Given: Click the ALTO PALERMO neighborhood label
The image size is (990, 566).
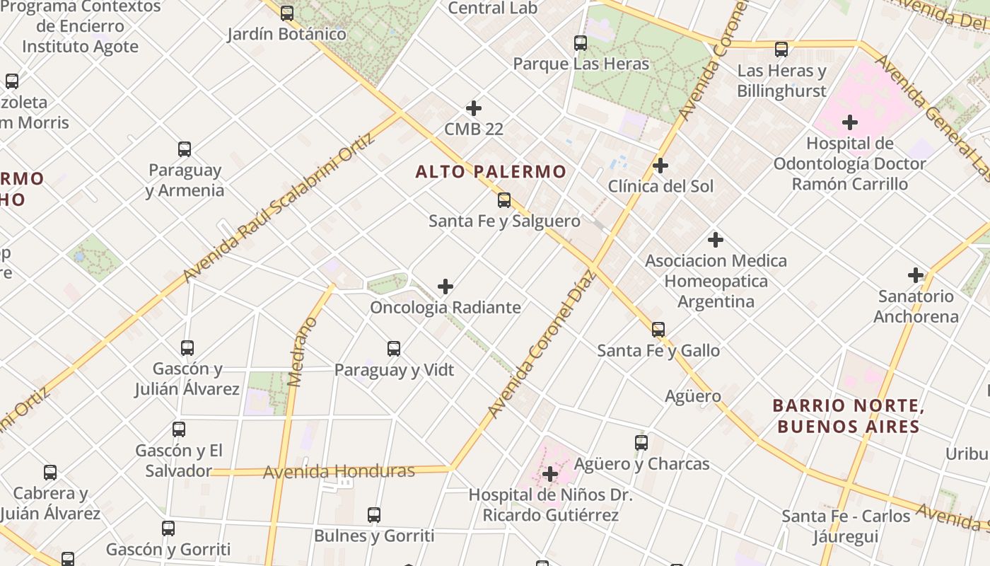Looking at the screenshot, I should tap(491, 171).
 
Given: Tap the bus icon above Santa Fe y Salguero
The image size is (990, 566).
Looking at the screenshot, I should tap(504, 200).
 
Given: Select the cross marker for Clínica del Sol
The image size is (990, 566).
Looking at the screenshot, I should tap(660, 166).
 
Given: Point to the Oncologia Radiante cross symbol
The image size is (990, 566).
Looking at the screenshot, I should tap(445, 287).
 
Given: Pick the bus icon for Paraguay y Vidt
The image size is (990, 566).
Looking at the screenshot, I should tap(394, 349).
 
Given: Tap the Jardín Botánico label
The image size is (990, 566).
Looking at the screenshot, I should tap(287, 34).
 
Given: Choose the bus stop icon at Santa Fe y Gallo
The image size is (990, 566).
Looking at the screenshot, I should tap(658, 330).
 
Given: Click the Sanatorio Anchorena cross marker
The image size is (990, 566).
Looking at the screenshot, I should tap(916, 275).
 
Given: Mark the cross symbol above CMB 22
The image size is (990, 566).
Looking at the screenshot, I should tap(474, 108).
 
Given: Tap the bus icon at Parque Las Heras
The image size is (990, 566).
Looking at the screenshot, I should tap(581, 43).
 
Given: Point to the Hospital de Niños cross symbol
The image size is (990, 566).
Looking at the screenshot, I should tap(550, 474).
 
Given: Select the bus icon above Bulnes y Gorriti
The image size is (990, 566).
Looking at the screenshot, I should tap(374, 515).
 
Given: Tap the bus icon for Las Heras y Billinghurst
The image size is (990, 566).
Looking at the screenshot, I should tap(781, 50).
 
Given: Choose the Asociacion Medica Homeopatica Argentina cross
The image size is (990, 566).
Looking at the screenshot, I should tap(716, 240).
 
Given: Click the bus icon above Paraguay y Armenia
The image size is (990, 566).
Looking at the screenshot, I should tap(185, 149).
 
